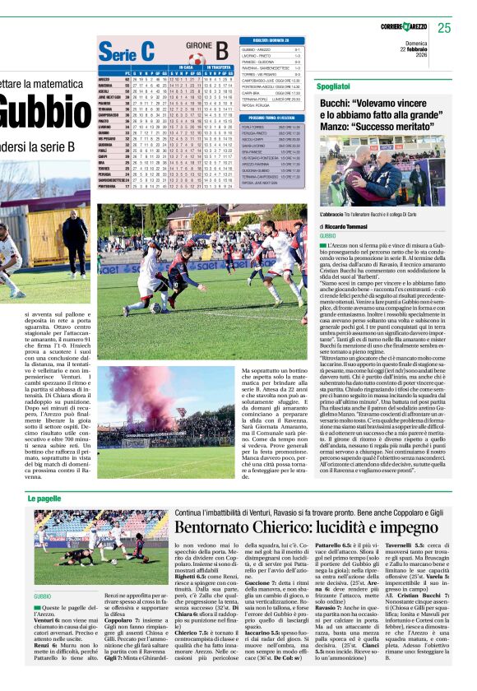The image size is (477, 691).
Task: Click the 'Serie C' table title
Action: (x=126, y=51)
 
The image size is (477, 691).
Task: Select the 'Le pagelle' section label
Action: (x=46, y=499)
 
